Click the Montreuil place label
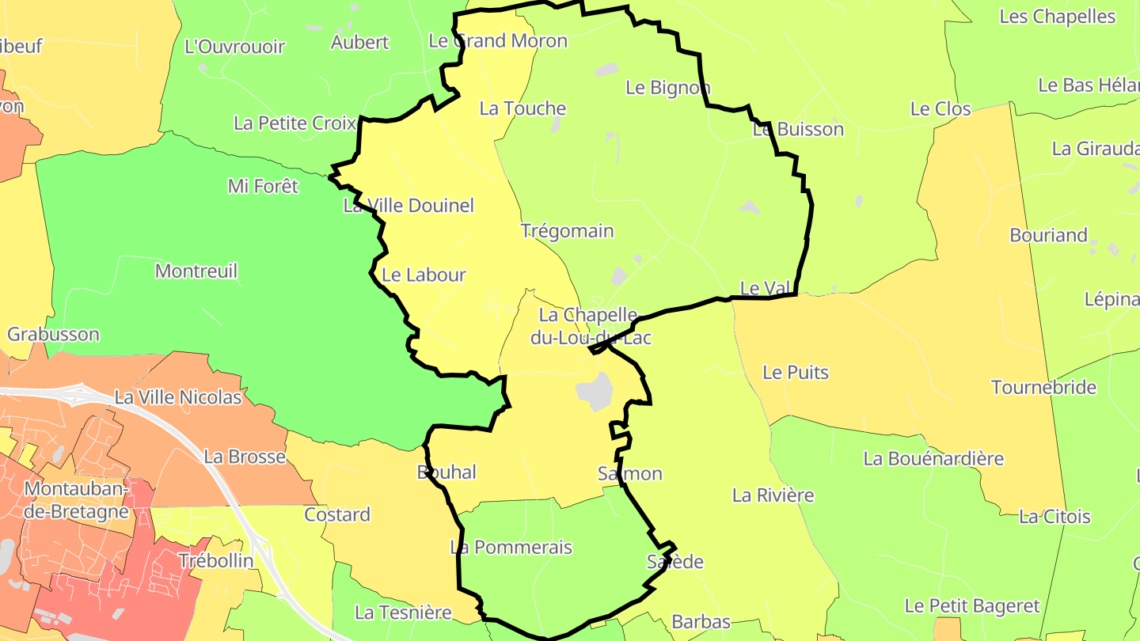tap(196, 271)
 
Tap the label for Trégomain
tap(567, 231)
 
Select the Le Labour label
tap(424, 275)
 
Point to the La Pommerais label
tap(511, 548)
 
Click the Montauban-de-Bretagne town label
tap(76, 500)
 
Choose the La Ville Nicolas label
tap(178, 397)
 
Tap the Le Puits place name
tap(796, 372)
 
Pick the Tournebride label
tap(1043, 388)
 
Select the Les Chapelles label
tap(1057, 17)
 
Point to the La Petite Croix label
tap(294, 123)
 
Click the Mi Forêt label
tap(263, 186)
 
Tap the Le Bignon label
tap(667, 88)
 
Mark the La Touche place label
tap(522, 108)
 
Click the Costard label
tap(337, 515)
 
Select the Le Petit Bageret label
tap(972, 606)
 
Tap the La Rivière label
tap(773, 495)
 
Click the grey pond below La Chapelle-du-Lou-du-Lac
tap(595, 391)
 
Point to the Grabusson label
tap(53, 334)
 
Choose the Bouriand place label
tap(1048, 235)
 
